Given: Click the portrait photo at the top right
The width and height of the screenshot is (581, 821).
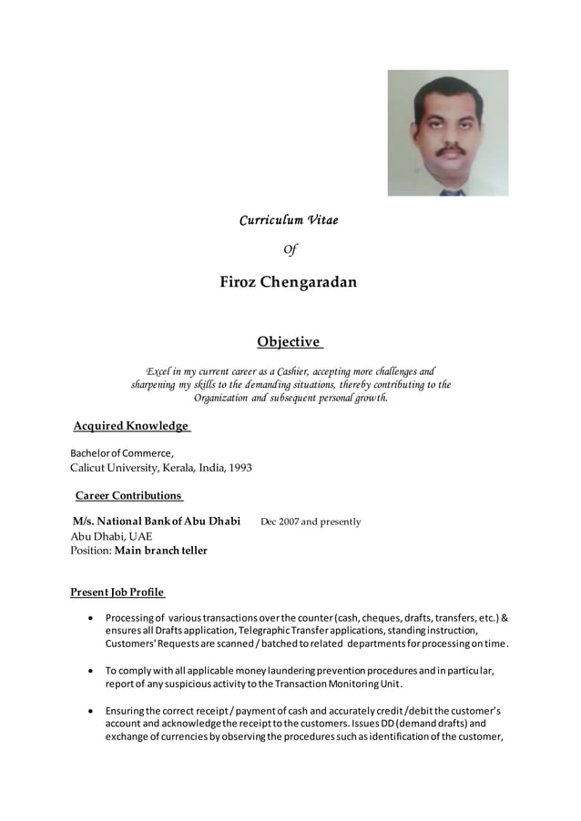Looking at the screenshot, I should pos(447,133).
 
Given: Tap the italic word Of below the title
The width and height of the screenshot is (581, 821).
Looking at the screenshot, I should pos(290,249).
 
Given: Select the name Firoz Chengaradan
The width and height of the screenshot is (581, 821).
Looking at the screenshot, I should pos(288,282).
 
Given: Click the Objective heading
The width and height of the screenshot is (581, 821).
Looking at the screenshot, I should pos(289,342).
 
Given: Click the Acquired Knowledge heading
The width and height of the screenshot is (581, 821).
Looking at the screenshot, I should pos(130,426).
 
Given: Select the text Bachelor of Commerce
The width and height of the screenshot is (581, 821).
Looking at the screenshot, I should pos(122,452).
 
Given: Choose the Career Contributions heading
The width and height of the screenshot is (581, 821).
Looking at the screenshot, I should pos(127,495).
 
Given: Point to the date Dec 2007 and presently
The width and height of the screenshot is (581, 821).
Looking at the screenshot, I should pos(311,522).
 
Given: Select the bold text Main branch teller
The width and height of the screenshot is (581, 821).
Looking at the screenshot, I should pos(161,551).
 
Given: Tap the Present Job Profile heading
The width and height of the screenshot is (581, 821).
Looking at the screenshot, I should pos(117,593).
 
